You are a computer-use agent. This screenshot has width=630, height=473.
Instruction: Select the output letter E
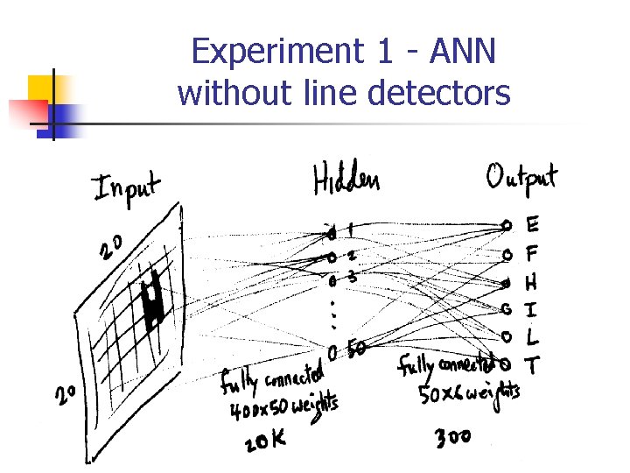tap(532, 226)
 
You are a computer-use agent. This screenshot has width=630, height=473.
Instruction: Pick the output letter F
tap(532, 254)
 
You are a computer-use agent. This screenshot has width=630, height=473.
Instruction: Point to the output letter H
tap(531, 283)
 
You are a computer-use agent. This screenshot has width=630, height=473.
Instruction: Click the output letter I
tap(531, 309)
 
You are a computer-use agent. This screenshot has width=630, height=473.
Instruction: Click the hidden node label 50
tap(357, 348)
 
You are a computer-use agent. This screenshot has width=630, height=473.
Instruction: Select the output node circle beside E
tap(507, 226)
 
